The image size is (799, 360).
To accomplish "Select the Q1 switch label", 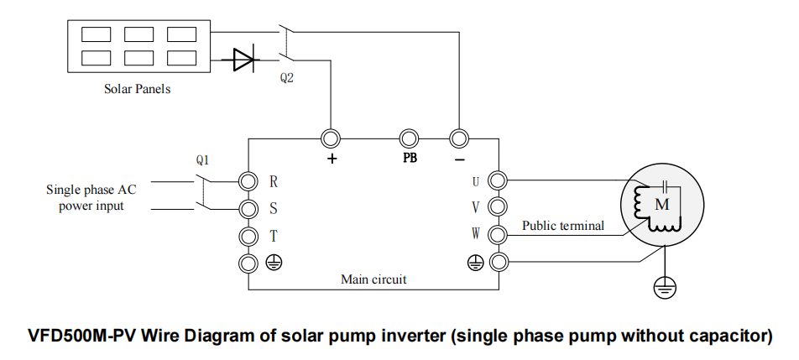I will click(202, 159).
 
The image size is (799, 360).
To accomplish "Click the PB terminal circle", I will click(409, 138).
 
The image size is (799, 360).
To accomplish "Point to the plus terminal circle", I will click(331, 138).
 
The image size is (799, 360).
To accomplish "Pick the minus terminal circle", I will click(458, 138).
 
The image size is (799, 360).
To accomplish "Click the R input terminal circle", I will click(248, 181).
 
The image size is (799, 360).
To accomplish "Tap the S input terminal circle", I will click(248, 207).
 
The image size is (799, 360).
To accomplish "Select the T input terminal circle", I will click(248, 236).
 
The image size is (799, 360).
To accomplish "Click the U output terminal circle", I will click(498, 180).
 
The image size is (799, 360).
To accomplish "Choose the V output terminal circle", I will click(498, 206).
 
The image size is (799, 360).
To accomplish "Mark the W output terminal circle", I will click(498, 235).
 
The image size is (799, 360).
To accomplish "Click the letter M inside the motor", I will click(661, 204).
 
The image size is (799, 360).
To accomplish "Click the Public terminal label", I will click(562, 226).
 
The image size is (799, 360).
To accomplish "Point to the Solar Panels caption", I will click(137, 88).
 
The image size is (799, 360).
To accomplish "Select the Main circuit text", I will click(373, 279).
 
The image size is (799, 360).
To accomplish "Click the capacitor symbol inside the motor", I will click(664, 185).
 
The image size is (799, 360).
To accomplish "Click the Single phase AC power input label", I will click(91, 197).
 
